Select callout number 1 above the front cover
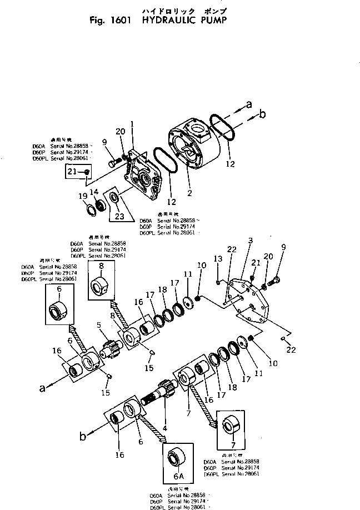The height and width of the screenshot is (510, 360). coord(132,123)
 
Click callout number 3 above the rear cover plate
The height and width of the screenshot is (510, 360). coord(251,240)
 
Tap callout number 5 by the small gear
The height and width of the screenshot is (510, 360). coord(98,325)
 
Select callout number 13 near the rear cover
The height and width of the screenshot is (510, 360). coord(218,259)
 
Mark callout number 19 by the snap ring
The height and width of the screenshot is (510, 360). coord(82,196)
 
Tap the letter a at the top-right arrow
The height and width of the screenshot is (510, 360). coord(249,104)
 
